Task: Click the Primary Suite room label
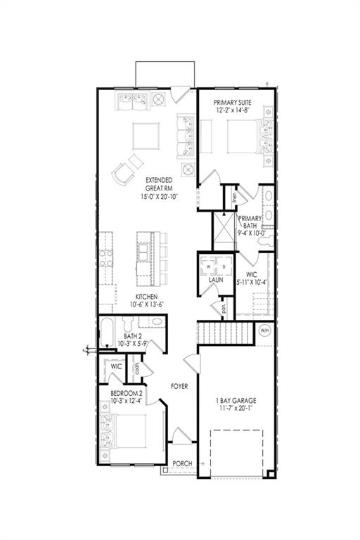[233, 102]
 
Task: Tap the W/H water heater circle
[264, 330]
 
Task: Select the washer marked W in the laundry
[208, 266]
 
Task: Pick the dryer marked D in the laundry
[224, 266]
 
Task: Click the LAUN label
[216, 280]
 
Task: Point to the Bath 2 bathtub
[106, 333]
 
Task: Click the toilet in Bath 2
[128, 324]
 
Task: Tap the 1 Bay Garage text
[236, 401]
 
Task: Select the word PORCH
[182, 463]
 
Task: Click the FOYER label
[179, 387]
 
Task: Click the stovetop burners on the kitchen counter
[106, 259]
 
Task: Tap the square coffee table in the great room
[146, 136]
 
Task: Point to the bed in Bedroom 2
[122, 432]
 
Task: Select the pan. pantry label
[224, 307]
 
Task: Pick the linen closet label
[234, 198]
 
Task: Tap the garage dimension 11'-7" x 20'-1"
[236, 408]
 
